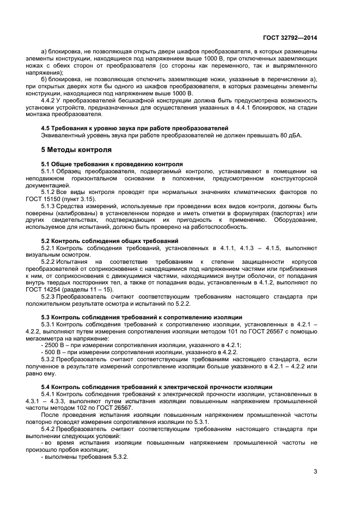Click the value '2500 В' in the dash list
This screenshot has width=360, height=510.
pyautogui.click(x=53, y=346)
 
